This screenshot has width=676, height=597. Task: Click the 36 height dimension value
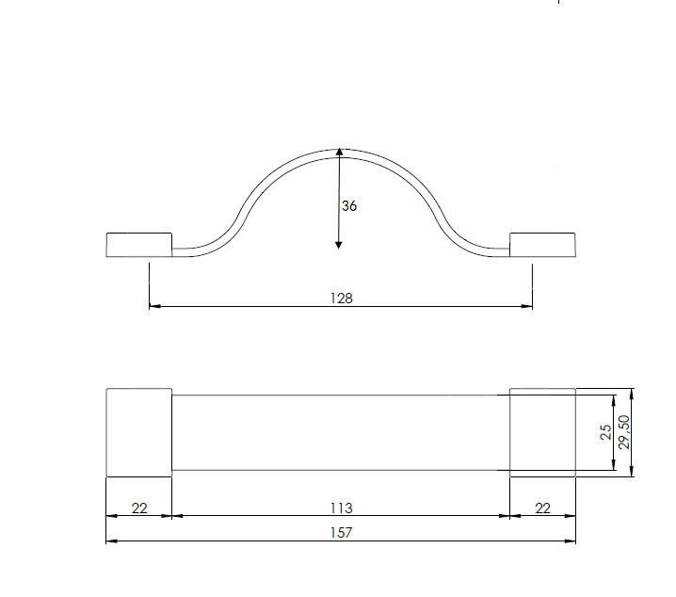[349, 206]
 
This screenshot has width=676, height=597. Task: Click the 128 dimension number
[342, 298]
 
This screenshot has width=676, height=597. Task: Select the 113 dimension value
[342, 508]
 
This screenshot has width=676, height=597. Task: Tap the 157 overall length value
[342, 533]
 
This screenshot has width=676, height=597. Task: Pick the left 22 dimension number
[139, 508]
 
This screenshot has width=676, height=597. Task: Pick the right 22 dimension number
[543, 508]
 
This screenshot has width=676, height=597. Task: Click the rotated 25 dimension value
[605, 432]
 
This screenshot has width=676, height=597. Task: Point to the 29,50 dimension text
[624, 432]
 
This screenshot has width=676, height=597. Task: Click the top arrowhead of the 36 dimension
[339, 152]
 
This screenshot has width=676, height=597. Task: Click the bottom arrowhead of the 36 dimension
[338, 245]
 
